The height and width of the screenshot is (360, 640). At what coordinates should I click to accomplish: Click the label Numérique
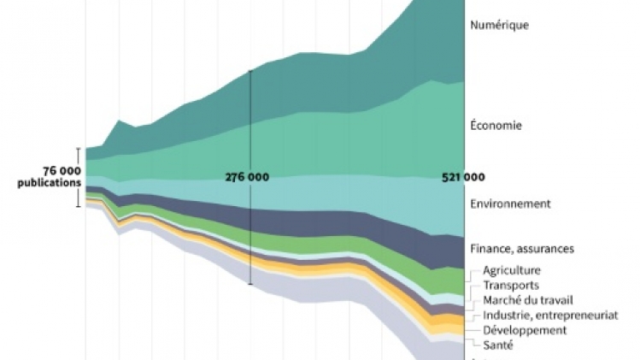click(x=499, y=26)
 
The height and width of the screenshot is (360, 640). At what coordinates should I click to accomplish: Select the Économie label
click(x=496, y=126)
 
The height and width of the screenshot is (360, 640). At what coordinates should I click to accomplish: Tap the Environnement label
click(x=510, y=204)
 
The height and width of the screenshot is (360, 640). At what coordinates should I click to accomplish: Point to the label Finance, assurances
click(x=522, y=249)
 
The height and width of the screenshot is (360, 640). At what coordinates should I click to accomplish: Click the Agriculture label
click(x=512, y=270)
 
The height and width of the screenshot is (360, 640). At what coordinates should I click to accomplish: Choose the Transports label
click(x=511, y=286)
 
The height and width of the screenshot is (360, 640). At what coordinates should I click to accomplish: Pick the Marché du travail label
click(x=527, y=300)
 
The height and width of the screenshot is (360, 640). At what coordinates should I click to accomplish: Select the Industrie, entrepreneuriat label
click(x=549, y=316)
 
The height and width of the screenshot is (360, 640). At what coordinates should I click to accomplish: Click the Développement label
click(x=524, y=330)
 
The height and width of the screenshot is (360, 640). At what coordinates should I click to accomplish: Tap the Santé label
click(x=498, y=345)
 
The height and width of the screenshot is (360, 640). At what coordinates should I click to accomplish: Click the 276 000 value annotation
click(x=247, y=177)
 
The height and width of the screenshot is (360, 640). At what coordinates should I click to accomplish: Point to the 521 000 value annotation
click(x=463, y=177)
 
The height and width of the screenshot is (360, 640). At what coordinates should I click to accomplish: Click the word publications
click(x=50, y=182)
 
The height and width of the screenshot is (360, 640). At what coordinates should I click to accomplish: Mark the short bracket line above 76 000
click(x=79, y=155)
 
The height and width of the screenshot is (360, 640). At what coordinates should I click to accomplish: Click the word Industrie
click(x=507, y=316)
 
